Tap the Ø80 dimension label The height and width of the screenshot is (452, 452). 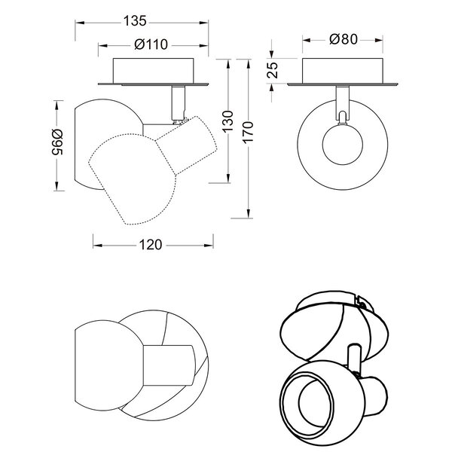(x=344, y=39)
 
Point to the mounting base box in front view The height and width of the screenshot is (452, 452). (x=344, y=72)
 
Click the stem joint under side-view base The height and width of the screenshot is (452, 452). (x=179, y=102)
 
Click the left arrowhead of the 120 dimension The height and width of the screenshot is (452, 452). (x=95, y=245)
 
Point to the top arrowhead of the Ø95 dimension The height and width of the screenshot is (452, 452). (x=57, y=101)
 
